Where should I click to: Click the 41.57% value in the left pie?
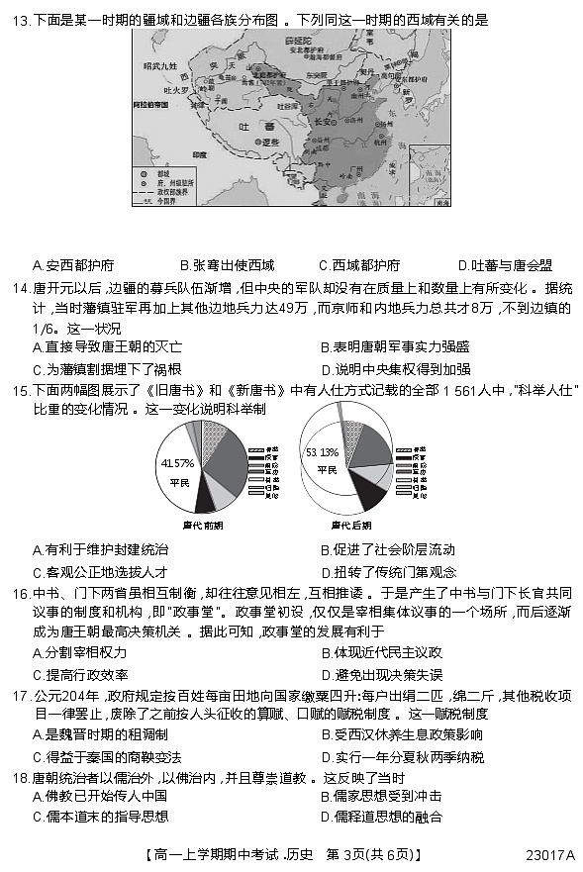177,462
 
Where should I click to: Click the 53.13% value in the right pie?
323,451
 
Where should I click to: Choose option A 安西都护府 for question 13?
73,265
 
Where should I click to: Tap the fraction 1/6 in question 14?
47,328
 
